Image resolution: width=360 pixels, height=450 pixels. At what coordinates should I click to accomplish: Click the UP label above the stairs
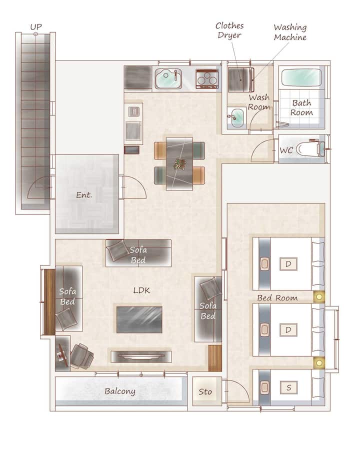[36, 27]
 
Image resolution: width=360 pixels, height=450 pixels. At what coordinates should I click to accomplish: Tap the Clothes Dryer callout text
[229, 30]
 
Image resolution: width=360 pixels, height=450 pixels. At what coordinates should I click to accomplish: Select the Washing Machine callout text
[290, 32]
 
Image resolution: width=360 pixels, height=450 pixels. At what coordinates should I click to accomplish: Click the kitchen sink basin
[168, 78]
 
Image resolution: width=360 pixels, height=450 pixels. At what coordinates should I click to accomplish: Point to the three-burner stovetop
[206, 78]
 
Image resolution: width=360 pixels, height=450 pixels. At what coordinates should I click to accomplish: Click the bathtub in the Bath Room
[301, 77]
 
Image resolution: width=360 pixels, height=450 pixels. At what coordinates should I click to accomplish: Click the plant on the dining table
[179, 164]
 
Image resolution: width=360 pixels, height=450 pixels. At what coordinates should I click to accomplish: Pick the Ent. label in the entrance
[84, 195]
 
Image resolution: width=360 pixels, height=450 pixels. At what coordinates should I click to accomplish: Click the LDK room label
[141, 290]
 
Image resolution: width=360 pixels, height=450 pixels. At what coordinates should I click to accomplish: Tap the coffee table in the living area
[139, 319]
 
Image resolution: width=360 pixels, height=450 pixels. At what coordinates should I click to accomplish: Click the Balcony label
[119, 391]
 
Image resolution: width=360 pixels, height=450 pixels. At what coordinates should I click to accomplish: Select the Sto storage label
[205, 391]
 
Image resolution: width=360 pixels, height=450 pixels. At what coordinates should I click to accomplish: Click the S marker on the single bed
[288, 387]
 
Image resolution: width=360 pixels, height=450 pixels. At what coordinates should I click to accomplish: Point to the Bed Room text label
[277, 298]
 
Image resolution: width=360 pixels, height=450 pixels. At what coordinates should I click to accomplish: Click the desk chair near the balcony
[82, 356]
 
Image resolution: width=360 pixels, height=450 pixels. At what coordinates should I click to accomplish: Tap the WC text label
[286, 150]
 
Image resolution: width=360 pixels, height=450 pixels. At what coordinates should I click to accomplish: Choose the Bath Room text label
[301, 107]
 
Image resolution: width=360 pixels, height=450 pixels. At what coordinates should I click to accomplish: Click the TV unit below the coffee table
[141, 356]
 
